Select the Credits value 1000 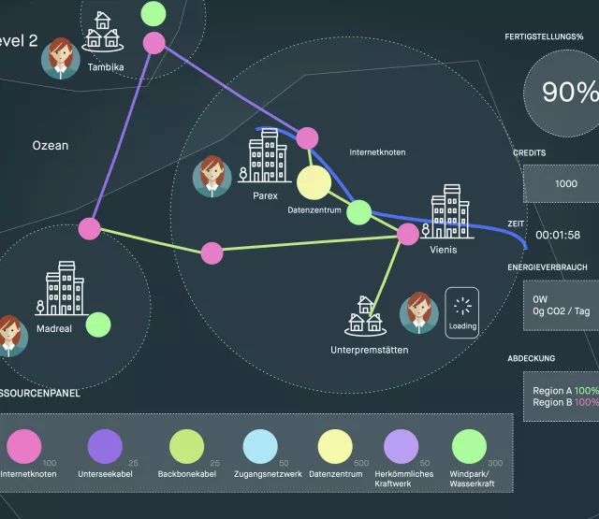pyautogui.click(x=565, y=184)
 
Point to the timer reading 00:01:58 pyautogui.click(x=558, y=235)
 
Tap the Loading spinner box pyautogui.click(x=462, y=311)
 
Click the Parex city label pyautogui.click(x=267, y=196)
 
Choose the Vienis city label pyautogui.click(x=444, y=251)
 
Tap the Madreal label pyautogui.click(x=53, y=329)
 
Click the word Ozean pyautogui.click(x=51, y=146)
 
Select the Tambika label pyautogui.click(x=106, y=67)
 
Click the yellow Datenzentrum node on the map pyautogui.click(x=314, y=182)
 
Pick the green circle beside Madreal pyautogui.click(x=96, y=324)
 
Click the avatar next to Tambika pyautogui.click(x=61, y=58)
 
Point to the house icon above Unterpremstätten pyautogui.click(x=365, y=317)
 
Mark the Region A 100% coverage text pyautogui.click(x=565, y=391)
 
